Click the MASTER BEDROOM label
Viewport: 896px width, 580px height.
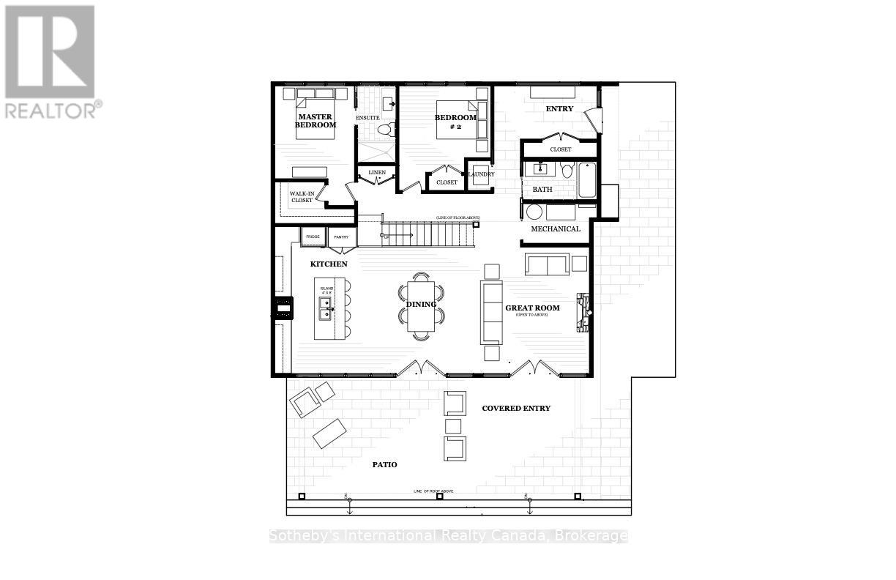(316, 121)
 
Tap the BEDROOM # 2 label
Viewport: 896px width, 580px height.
(455, 122)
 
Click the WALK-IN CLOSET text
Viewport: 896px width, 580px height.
(302, 197)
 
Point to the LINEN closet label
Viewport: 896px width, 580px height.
(377, 173)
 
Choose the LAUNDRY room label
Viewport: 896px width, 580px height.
(481, 174)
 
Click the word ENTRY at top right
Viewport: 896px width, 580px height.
(560, 109)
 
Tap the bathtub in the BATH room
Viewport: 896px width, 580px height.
(588, 179)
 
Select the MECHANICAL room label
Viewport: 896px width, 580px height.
(556, 228)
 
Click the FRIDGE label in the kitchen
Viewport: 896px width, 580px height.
(313, 237)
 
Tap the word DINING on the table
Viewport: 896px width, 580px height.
(421, 304)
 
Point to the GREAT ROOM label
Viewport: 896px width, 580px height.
(532, 308)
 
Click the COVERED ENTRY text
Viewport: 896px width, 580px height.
(516, 408)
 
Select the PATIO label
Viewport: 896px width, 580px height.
(384, 464)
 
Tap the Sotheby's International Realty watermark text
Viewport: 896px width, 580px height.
(448, 536)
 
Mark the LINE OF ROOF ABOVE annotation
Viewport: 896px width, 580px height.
(439, 490)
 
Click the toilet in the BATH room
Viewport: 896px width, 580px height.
(566, 171)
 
